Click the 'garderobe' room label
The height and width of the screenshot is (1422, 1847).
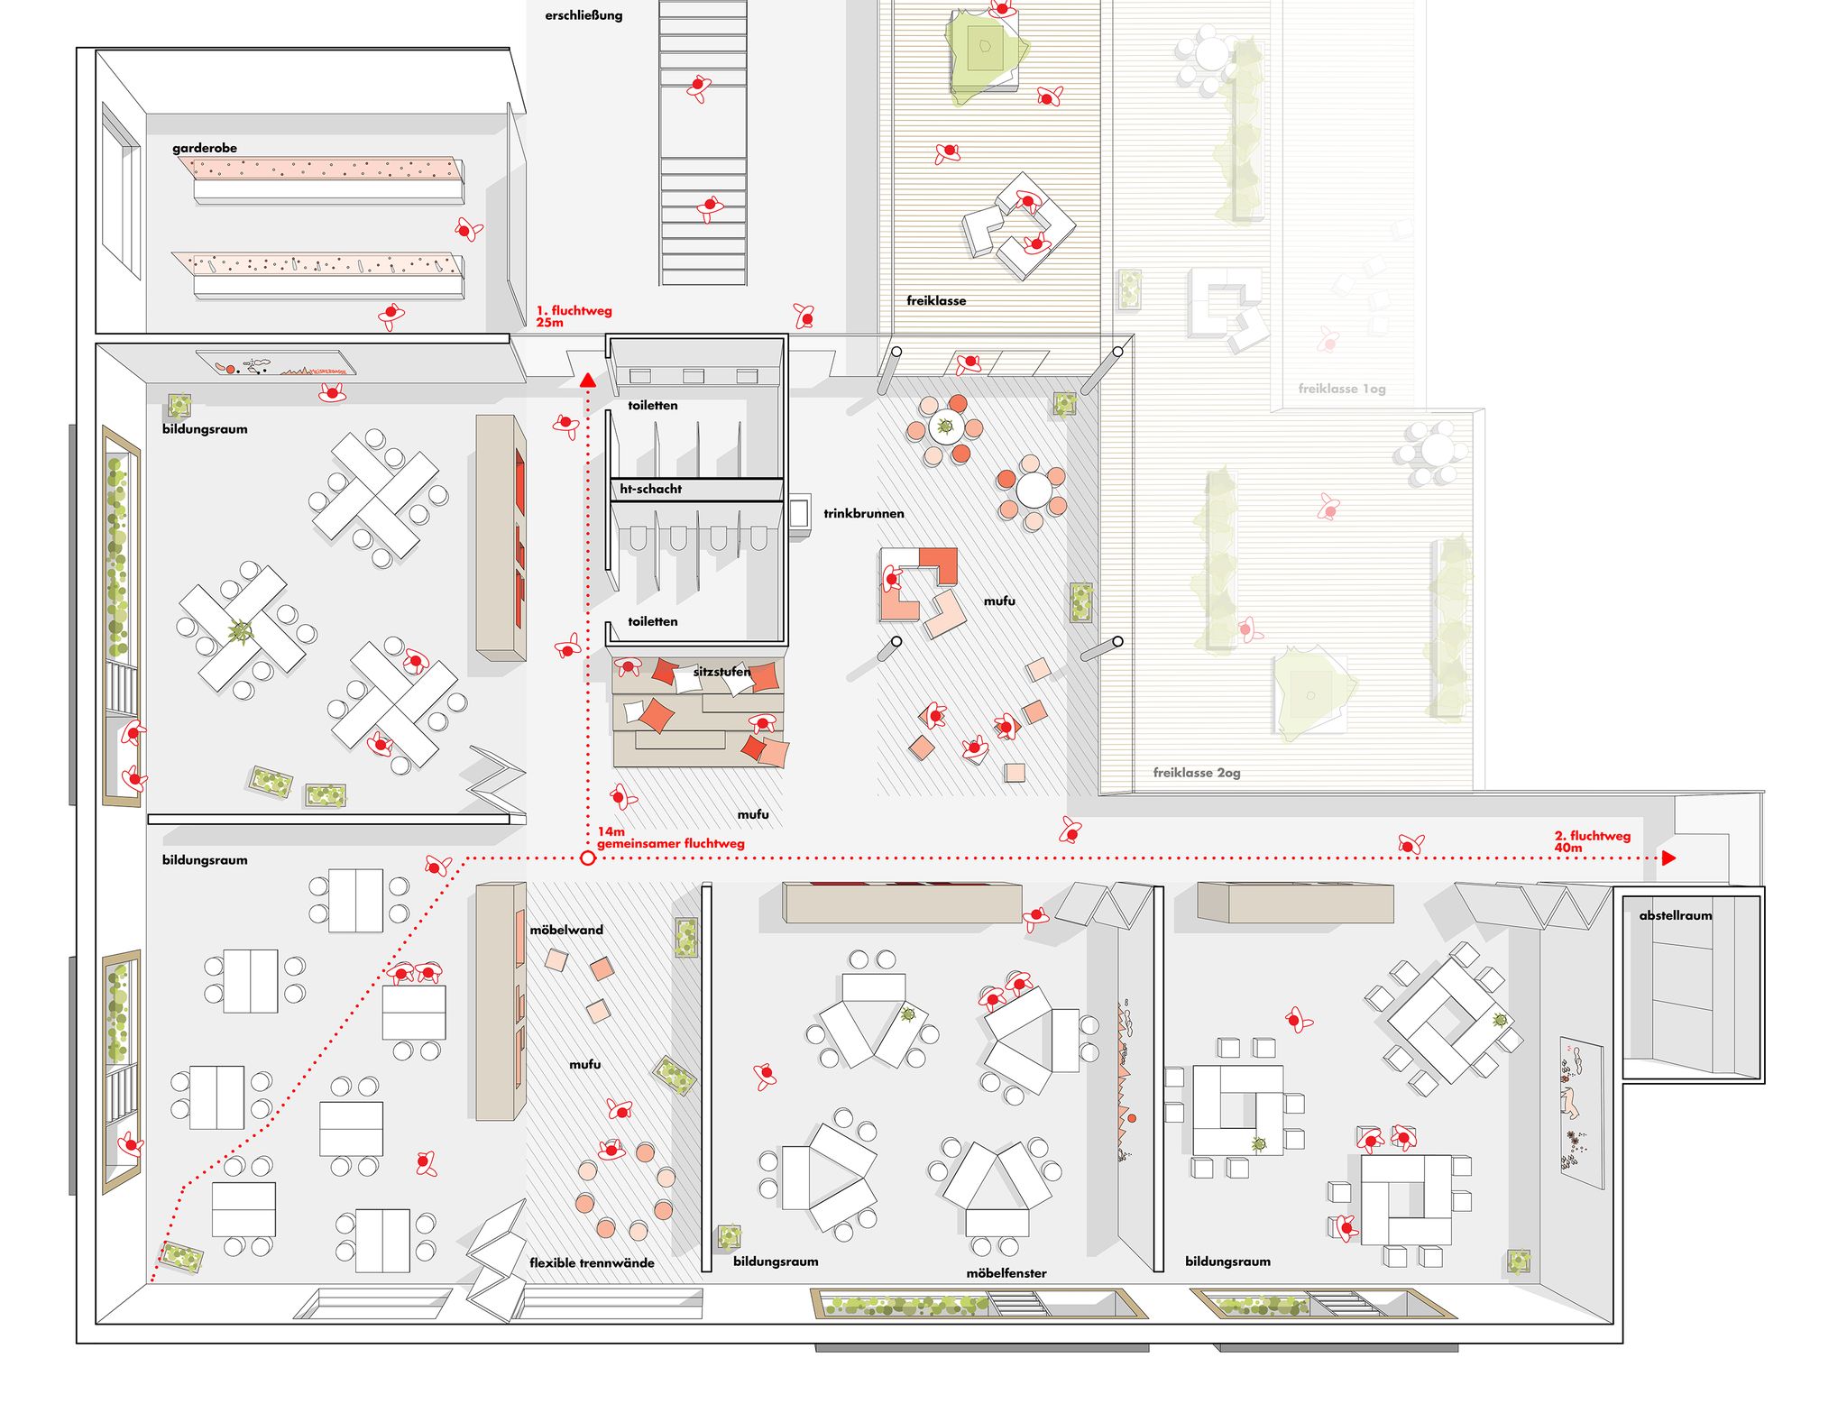pos(205,148)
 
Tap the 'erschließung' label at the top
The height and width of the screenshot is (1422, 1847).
pos(584,15)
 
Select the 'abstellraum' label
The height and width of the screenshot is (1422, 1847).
pos(1675,915)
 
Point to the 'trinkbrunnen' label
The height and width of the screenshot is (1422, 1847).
pos(863,513)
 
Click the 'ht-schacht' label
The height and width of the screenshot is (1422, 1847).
pos(650,489)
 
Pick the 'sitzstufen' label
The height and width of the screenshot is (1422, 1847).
pos(721,672)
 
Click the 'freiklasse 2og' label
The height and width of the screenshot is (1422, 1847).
pos(1197,773)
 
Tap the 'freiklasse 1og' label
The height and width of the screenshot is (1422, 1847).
pos(1342,389)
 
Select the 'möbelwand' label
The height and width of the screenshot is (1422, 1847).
pos(566,930)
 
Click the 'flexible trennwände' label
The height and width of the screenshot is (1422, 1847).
pos(592,1262)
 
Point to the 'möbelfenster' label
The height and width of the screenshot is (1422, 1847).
pos(1006,1273)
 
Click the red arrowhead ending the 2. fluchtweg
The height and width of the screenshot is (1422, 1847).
pos(1669,858)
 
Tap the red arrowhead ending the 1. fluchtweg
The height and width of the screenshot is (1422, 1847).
pos(588,381)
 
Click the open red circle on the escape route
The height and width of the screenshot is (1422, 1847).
pos(588,858)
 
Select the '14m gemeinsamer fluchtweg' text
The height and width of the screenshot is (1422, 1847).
pos(670,838)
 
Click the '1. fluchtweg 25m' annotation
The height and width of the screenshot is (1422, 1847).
pos(574,317)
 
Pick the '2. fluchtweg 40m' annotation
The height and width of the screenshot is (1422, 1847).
pos(1593,841)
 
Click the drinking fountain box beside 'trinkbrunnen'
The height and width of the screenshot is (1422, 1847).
pos(799,515)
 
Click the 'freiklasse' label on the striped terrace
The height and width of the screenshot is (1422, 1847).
pos(936,300)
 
